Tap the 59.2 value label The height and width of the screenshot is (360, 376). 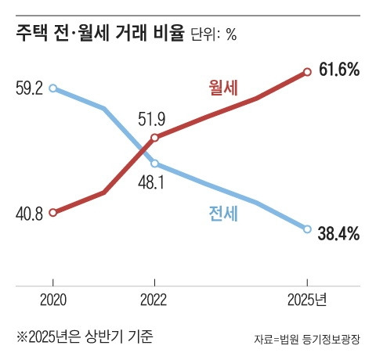pyautogui.click(x=27, y=89)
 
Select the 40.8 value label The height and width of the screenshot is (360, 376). pyautogui.click(x=27, y=213)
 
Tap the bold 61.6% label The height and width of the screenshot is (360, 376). pyautogui.click(x=339, y=70)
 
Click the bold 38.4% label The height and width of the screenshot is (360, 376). pyautogui.click(x=339, y=232)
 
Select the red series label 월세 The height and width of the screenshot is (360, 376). pyautogui.click(x=224, y=85)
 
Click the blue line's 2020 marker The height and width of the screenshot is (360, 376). pyautogui.click(x=52, y=88)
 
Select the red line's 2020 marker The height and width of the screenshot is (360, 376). pyautogui.click(x=52, y=212)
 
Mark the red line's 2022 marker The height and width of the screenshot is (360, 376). pyautogui.click(x=154, y=138)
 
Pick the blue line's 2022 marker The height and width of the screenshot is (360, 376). pyautogui.click(x=154, y=164)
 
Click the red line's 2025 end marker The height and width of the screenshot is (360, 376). pyautogui.click(x=307, y=71)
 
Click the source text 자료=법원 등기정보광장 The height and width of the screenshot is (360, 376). pyautogui.click(x=309, y=340)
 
